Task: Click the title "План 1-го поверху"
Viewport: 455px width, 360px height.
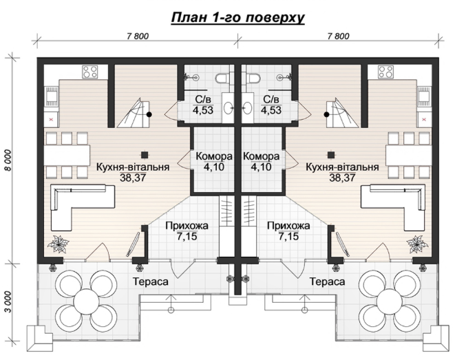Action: pos(237,17)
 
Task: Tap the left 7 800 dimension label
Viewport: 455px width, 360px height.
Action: pos(138,36)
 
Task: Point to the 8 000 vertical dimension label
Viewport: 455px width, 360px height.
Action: pos(8,160)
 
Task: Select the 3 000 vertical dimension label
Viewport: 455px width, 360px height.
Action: pos(8,302)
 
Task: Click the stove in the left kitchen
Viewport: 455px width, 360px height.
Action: pos(89,72)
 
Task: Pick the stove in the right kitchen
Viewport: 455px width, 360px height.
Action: pos(385,72)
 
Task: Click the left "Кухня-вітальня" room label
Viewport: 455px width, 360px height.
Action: pos(133,167)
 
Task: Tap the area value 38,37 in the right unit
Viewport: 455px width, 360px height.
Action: pos(342,178)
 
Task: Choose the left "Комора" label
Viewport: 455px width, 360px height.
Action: pos(214,156)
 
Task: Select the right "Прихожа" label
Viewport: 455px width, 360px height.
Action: pos(288,226)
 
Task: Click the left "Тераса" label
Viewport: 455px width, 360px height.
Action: pos(151,282)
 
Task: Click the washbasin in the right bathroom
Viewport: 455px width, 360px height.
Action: pos(247,108)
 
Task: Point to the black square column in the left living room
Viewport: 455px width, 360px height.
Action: pos(145,155)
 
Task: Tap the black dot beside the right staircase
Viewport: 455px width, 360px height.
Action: pos(327,114)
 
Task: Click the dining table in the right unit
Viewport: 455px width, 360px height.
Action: pos(408,155)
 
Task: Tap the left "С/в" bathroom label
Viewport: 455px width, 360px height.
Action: pos(203,100)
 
